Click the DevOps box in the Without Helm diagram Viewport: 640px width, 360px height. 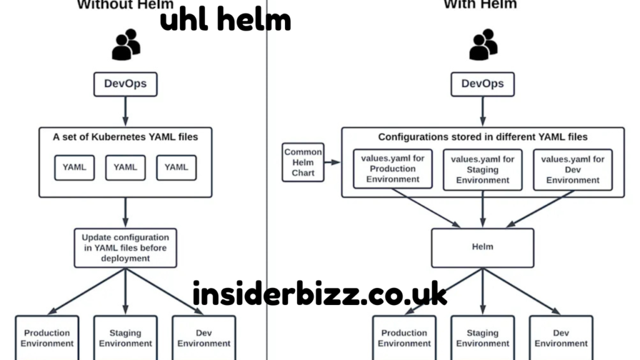[x=125, y=84]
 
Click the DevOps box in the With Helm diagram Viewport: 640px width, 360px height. [x=482, y=84]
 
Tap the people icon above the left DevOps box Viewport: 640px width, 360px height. [x=126, y=45]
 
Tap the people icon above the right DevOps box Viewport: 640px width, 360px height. [x=483, y=45]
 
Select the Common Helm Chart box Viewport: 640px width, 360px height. [x=303, y=162]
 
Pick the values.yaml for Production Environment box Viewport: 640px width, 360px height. [x=392, y=169]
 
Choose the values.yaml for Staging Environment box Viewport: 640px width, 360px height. [x=482, y=169]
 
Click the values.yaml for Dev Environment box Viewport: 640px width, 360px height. [x=572, y=169]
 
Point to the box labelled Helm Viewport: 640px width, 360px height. [x=482, y=247]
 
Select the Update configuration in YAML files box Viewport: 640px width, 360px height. [x=125, y=248]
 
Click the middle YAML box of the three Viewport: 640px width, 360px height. [x=125, y=167]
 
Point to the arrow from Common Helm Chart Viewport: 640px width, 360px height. [x=332, y=162]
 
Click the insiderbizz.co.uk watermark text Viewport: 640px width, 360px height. [x=319, y=294]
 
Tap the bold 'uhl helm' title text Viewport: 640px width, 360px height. [x=225, y=20]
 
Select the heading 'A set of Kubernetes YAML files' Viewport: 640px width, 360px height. [x=125, y=136]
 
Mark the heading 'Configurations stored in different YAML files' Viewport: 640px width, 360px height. [x=482, y=136]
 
